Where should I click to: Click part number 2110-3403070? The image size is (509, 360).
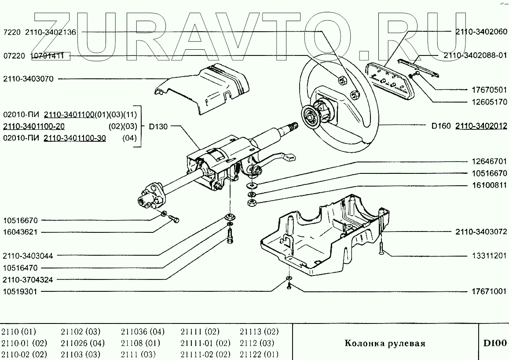(x=28, y=79)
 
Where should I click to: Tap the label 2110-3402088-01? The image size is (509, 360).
(x=475, y=56)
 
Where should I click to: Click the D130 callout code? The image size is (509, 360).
(x=158, y=127)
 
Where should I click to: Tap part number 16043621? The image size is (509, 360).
(x=21, y=232)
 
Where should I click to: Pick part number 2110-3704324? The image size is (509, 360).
(x=28, y=279)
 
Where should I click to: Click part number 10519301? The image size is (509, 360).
(x=21, y=291)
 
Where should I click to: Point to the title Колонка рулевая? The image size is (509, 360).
(x=384, y=343)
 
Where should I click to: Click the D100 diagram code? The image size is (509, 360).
(x=495, y=343)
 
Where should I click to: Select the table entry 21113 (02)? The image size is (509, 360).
(x=259, y=332)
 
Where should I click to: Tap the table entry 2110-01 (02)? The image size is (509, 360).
(x=24, y=343)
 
